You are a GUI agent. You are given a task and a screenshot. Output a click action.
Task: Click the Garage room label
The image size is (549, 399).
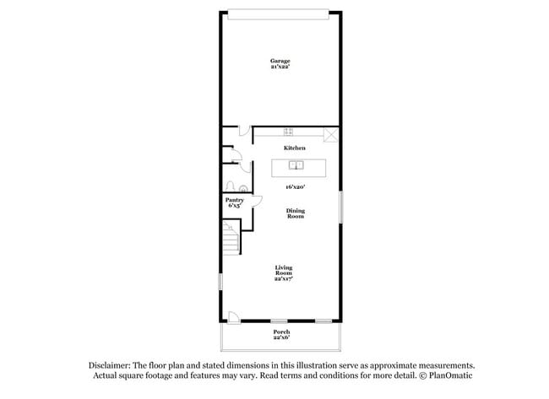click(280, 61)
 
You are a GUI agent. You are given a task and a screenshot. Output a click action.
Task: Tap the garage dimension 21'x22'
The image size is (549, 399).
click(280, 67)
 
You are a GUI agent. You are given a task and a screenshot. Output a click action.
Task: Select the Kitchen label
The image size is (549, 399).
click(294, 148)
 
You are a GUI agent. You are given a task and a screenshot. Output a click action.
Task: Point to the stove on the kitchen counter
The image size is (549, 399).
click(288, 132)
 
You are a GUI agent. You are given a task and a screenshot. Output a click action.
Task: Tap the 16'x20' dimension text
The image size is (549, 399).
click(294, 186)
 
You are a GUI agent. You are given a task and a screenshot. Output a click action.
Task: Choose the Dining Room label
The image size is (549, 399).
click(295, 213)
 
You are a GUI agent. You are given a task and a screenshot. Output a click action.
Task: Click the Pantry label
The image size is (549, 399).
click(234, 200)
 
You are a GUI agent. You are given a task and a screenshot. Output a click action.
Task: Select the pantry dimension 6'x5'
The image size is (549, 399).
click(234, 206)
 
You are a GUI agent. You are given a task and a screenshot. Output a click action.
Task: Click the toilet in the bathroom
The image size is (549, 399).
click(242, 188)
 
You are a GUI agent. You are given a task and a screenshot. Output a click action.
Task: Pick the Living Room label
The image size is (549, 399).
click(283, 271)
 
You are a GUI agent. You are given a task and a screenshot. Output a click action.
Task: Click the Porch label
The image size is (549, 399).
click(281, 332)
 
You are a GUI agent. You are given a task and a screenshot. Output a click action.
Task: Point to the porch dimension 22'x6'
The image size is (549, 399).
click(281, 338)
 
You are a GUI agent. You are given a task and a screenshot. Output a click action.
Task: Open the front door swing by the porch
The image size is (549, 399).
click(234, 317)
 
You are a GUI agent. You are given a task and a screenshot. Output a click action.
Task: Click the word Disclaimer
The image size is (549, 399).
click(110, 365)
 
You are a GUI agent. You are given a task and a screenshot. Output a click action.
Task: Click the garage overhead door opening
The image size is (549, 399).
click(280, 11)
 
